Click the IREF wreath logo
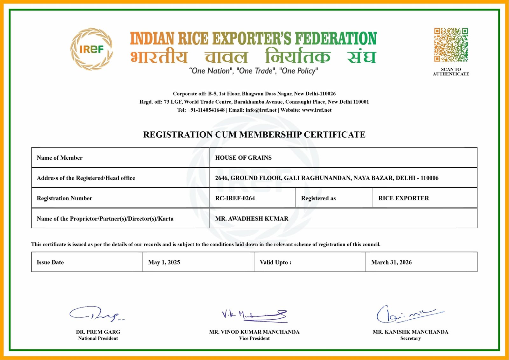click(91, 49)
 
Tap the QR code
click(451, 45)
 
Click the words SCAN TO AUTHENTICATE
click(451, 72)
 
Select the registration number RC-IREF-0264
click(235, 198)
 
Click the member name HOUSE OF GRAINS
click(243, 158)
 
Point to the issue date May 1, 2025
click(164, 262)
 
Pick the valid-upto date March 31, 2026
click(391, 262)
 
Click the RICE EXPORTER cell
click(403, 198)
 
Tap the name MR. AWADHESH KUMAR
click(252, 218)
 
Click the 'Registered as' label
click(318, 198)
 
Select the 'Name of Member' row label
click(59, 158)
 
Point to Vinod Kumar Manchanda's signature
click(254, 315)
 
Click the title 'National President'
click(98, 338)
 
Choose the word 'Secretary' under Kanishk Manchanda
click(410, 338)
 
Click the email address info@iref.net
click(261, 110)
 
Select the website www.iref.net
click(317, 110)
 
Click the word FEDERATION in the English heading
click(336, 38)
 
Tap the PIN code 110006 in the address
click(429, 178)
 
